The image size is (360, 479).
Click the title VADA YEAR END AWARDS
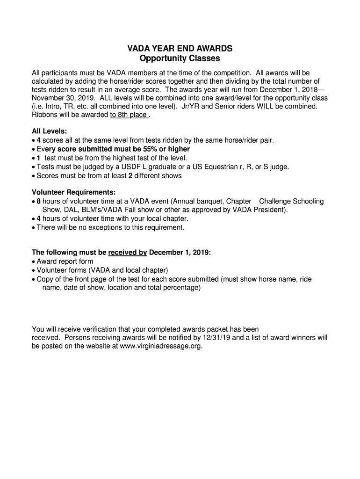click(x=180, y=49)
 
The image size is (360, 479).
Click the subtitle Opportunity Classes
click(x=180, y=59)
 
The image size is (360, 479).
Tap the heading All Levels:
click(x=50, y=131)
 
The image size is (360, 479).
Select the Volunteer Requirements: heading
click(x=73, y=192)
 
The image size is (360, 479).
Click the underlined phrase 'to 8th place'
click(x=129, y=115)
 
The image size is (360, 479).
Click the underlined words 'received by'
click(x=128, y=253)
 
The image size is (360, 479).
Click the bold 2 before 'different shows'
click(x=130, y=176)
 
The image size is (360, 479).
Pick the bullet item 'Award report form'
click(x=65, y=261)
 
